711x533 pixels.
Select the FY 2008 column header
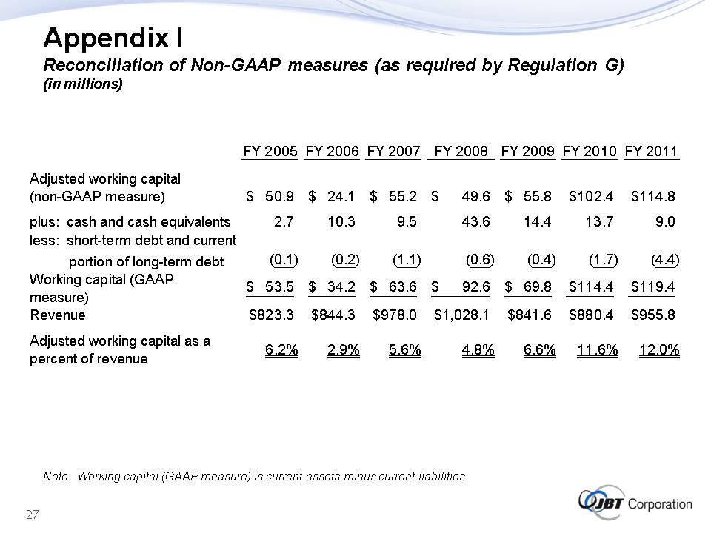point(464,152)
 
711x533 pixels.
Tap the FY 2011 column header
point(652,152)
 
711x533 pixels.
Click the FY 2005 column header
point(270,152)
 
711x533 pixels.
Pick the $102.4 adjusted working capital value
point(592,197)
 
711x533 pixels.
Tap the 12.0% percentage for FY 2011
point(659,350)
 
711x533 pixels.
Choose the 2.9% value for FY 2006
point(343,350)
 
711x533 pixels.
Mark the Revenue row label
point(57,315)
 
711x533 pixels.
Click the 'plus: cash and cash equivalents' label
point(130,221)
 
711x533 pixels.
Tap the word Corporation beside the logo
point(660,504)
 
